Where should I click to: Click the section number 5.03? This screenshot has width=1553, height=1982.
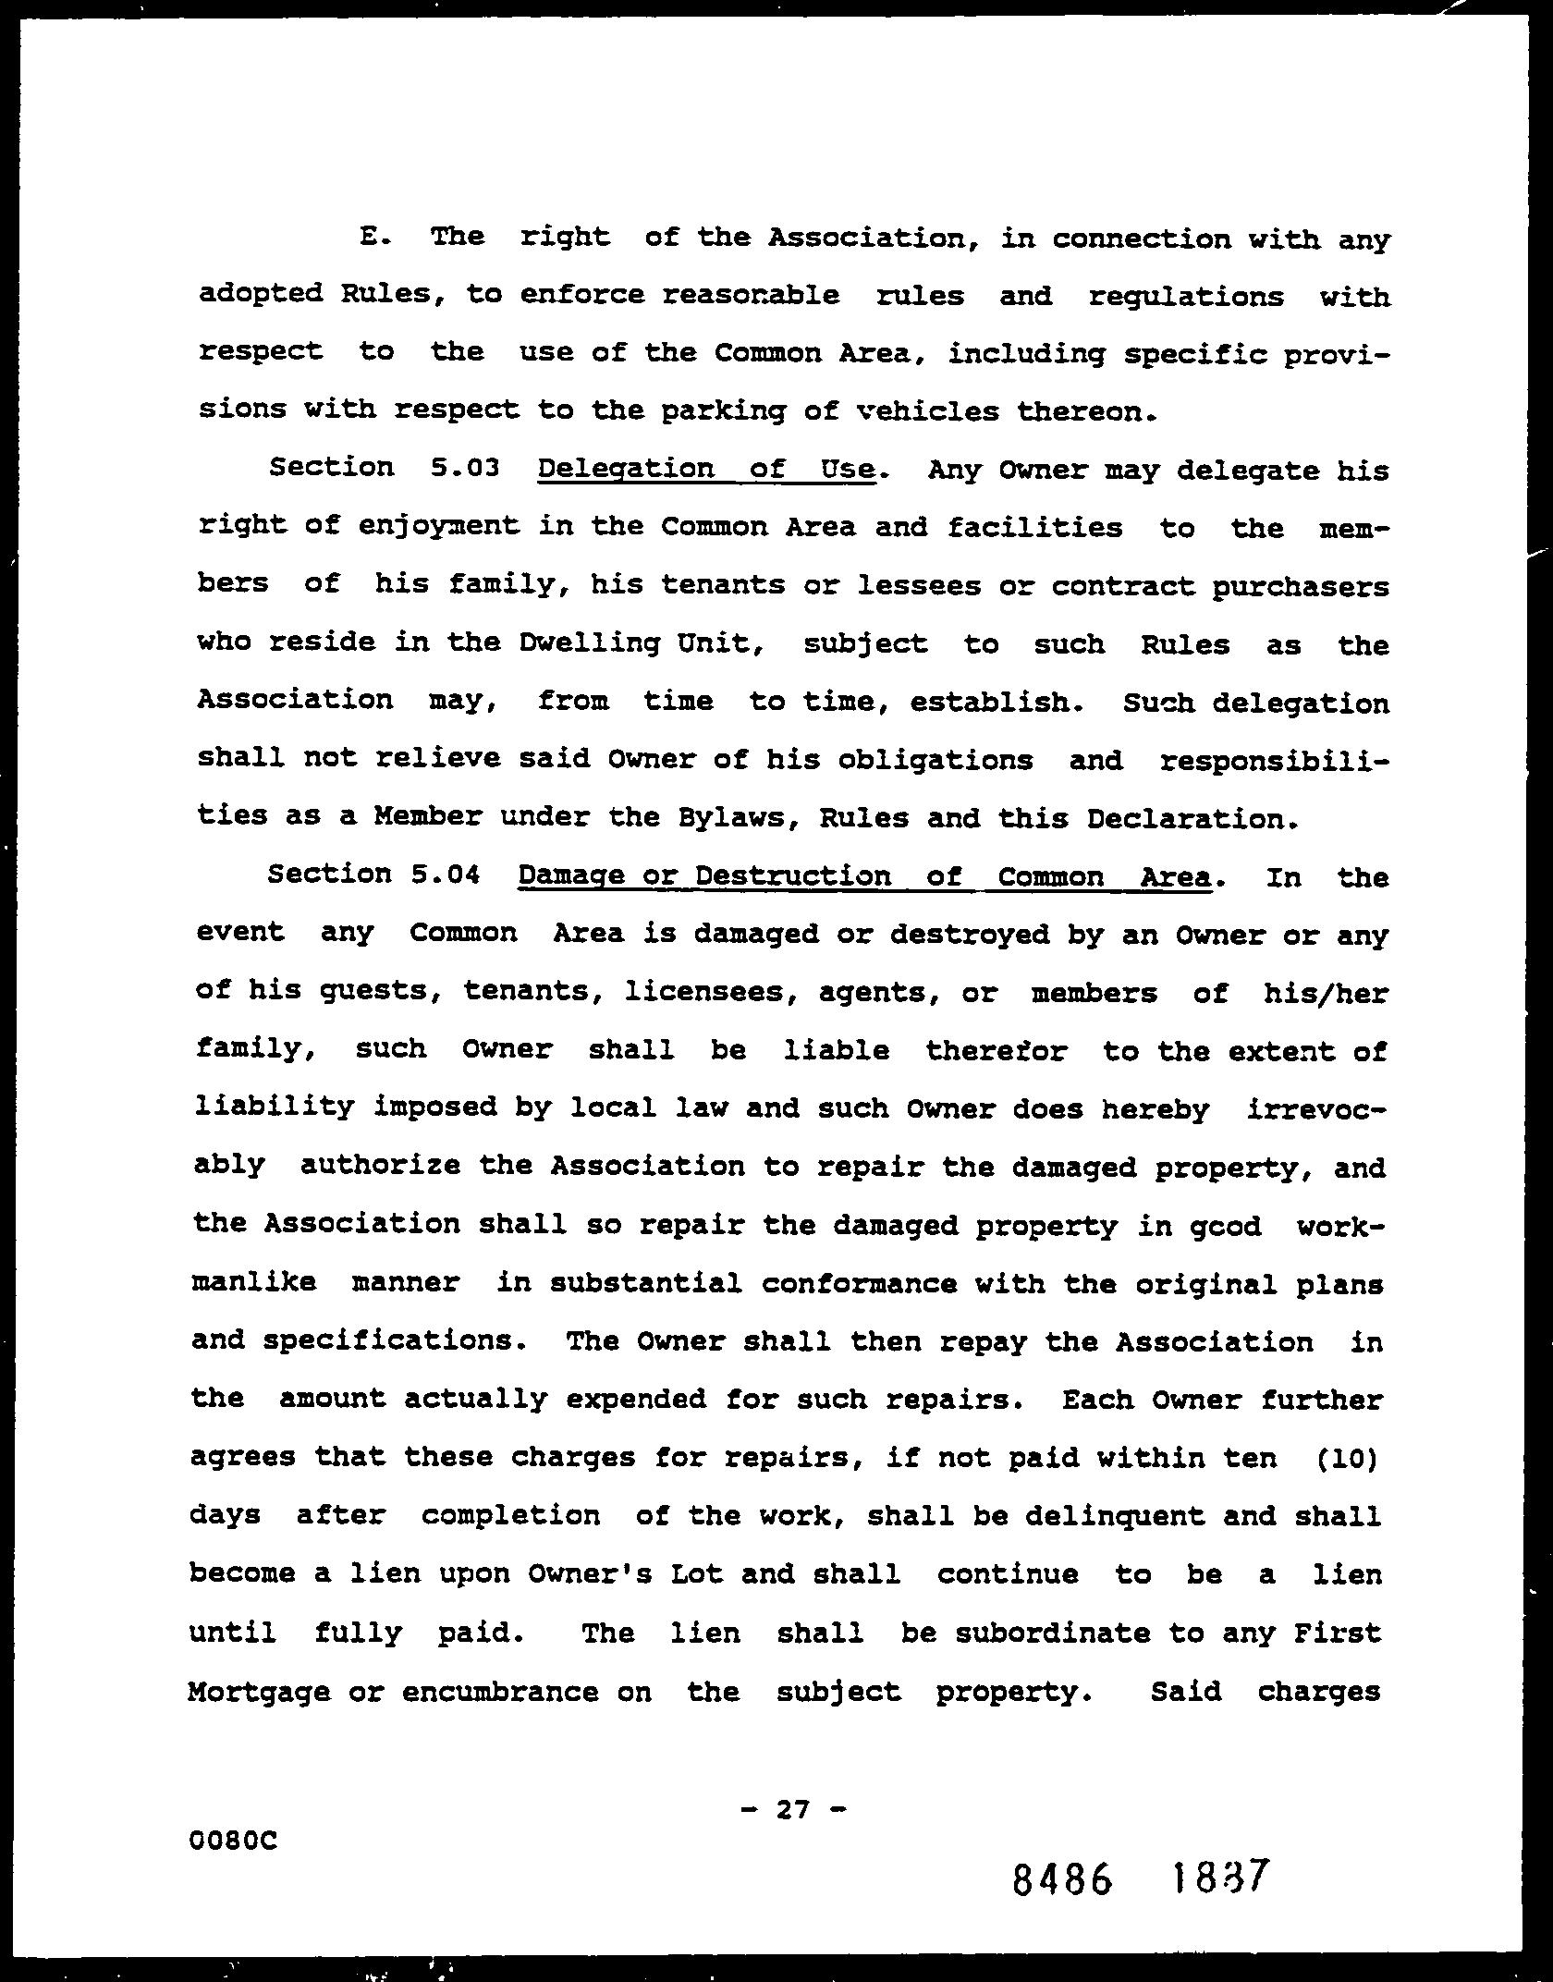click(465, 468)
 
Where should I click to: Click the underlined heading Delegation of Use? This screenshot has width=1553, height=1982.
click(706, 470)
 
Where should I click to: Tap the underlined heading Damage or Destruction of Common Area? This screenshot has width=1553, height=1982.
click(864, 876)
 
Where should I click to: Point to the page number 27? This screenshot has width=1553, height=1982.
click(793, 1809)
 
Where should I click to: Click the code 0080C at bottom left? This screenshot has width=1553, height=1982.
click(233, 1841)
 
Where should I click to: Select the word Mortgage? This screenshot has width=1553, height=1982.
click(259, 1692)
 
